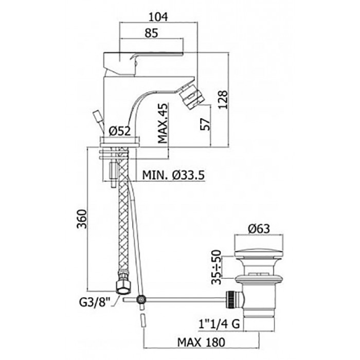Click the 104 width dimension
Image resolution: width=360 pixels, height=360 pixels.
click(158, 17)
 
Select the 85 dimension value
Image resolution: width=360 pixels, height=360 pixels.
click(152, 33)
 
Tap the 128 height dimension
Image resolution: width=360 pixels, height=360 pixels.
click(223, 100)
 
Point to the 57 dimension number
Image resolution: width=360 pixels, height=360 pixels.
click(205, 124)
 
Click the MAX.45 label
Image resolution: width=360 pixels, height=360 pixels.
click(163, 123)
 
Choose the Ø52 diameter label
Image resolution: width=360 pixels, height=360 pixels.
click(120, 131)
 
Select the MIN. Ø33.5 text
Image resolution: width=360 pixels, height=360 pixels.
click(173, 175)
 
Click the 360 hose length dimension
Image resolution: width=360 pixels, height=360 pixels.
click(82, 219)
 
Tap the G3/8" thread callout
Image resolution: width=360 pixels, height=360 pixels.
click(94, 302)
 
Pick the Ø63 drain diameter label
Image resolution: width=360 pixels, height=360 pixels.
click(259, 229)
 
